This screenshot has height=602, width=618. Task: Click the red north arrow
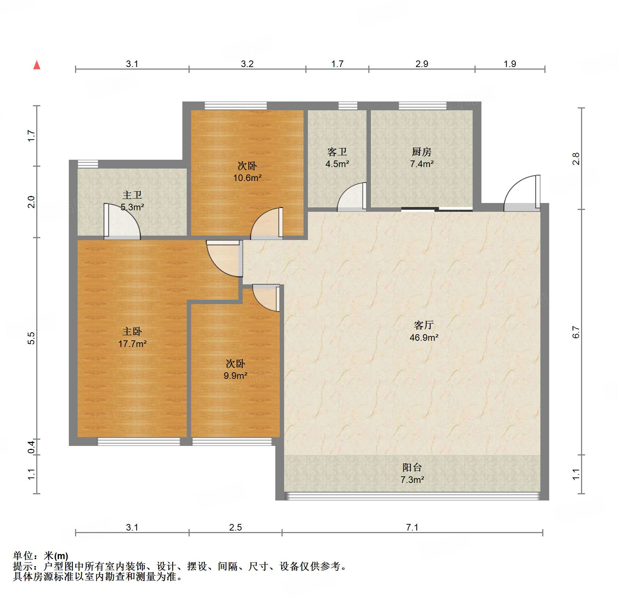37,65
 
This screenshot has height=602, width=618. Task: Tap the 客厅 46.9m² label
424,331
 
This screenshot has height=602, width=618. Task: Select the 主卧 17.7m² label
132,337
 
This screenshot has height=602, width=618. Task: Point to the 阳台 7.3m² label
412,473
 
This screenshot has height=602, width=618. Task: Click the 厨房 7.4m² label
421,158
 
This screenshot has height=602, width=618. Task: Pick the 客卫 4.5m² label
337,158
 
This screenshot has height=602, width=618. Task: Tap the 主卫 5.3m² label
132,201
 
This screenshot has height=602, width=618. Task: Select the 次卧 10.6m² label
247,172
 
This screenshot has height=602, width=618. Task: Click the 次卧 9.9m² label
235,370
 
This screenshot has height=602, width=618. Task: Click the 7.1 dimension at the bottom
412,527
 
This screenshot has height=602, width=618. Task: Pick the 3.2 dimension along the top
247,64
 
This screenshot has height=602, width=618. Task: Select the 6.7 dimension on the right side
576,332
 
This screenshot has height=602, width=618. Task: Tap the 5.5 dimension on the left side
31,337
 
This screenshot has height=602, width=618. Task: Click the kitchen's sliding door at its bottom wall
437,210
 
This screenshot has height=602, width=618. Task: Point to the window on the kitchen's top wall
422,106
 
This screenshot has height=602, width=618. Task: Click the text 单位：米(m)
40,556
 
